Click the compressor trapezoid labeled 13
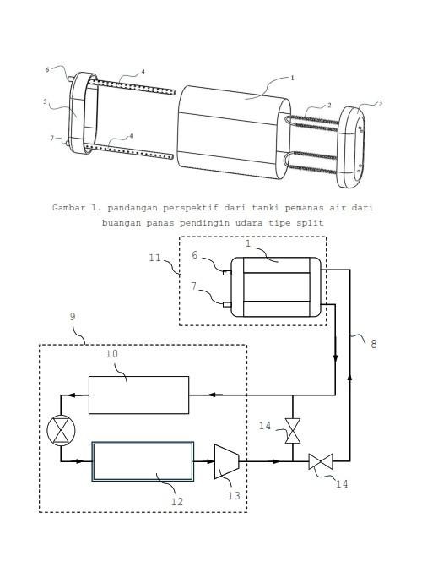[x=226, y=461]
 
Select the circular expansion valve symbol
[x=61, y=430]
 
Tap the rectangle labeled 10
[x=138, y=395]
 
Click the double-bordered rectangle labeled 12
[x=143, y=461]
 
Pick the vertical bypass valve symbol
[x=293, y=431]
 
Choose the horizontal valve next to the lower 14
[x=321, y=461]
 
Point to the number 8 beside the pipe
[x=374, y=344]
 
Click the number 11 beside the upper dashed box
[x=155, y=258]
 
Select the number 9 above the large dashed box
[x=73, y=316]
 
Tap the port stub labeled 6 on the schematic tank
[x=227, y=273]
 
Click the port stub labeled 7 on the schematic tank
[x=227, y=305]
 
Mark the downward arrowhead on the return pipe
[x=335, y=358]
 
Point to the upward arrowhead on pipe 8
[x=349, y=379]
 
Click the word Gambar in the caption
[x=68, y=208]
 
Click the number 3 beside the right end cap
[x=380, y=103]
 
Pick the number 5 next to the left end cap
[x=45, y=101]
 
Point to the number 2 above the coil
[x=329, y=106]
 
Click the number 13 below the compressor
[x=234, y=496]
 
